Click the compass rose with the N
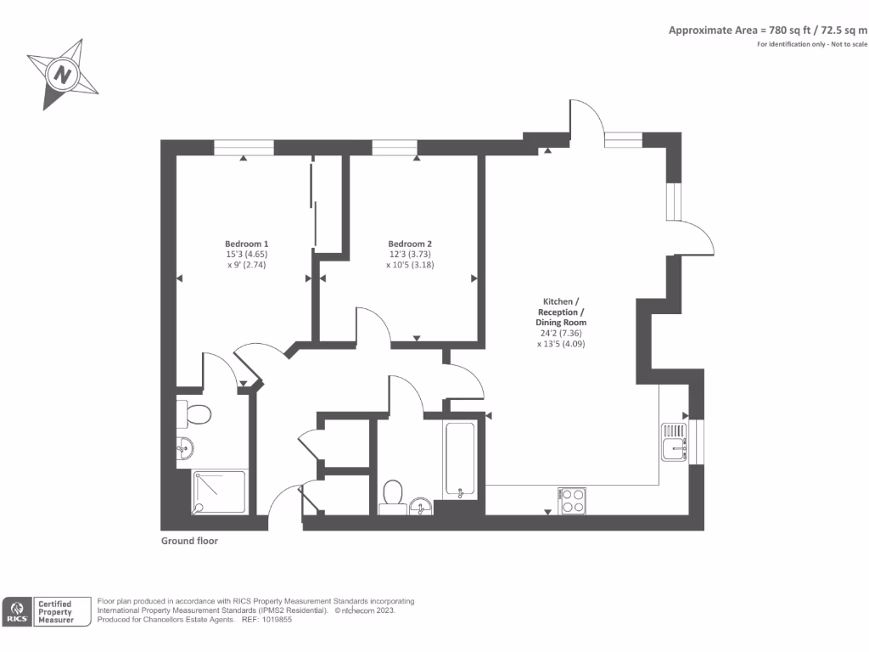62,75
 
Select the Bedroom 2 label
411,243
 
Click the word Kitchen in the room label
559,301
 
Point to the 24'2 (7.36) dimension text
561,334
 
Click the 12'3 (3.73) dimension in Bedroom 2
411,254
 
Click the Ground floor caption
189,541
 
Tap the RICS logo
18,611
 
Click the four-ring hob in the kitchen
572,499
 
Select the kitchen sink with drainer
675,442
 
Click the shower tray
219,492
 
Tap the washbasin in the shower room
184,447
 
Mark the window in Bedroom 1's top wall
244,148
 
